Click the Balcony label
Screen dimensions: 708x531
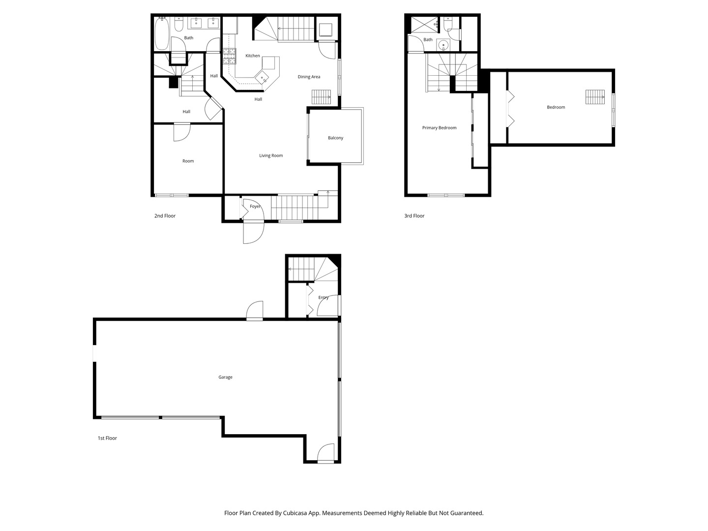(335, 138)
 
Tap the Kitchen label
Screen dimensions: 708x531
(252, 56)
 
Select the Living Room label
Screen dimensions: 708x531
(271, 156)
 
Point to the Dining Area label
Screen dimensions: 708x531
(309, 77)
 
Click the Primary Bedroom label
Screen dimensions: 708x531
(439, 128)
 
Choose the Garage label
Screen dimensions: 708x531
(225, 377)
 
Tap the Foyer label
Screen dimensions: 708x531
(255, 206)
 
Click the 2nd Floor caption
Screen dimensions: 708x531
(165, 216)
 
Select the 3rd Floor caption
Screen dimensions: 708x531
(414, 216)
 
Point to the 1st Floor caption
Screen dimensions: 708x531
(107, 438)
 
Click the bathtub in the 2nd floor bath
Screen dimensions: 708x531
(162, 34)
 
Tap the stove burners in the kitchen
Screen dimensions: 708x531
(229, 57)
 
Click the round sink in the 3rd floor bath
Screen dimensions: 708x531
(444, 45)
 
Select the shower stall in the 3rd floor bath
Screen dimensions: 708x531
(424, 25)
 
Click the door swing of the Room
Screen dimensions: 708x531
(182, 132)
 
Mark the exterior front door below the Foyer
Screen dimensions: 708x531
(254, 233)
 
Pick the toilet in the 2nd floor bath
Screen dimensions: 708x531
(178, 24)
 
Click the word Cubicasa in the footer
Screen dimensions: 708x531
(295, 513)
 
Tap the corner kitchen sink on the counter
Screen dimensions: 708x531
(262, 78)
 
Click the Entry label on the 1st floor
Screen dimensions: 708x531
(323, 297)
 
